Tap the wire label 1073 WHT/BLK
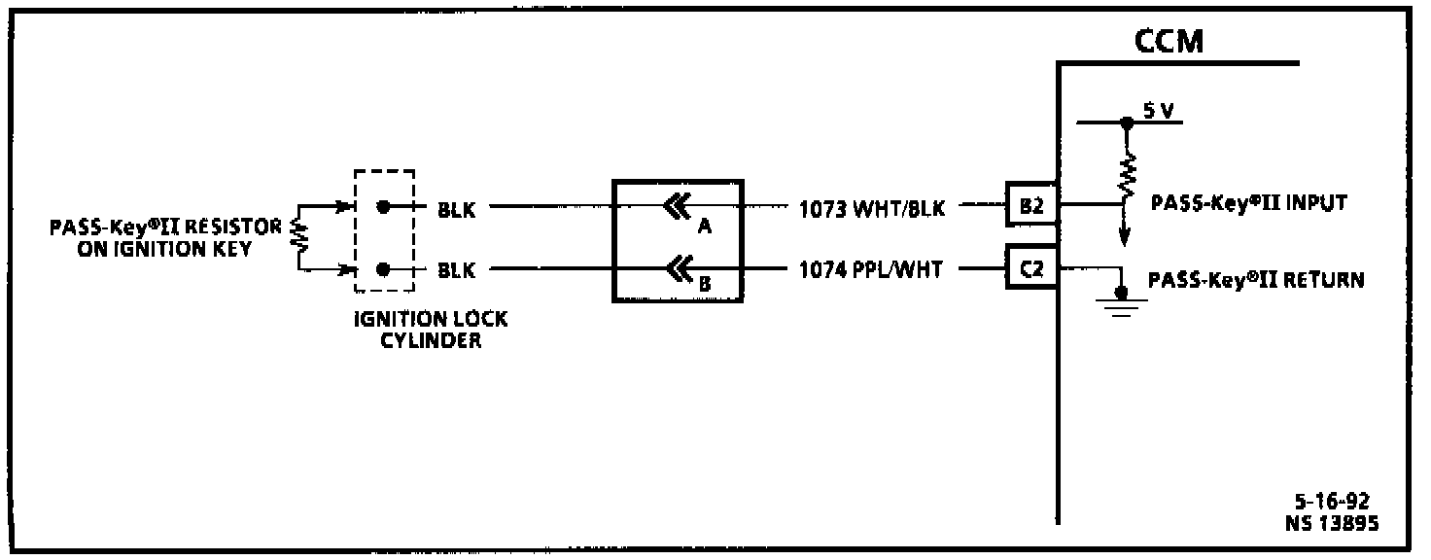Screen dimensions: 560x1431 tap(872, 207)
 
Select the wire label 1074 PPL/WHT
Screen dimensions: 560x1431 tap(870, 270)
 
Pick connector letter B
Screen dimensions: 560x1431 tap(706, 285)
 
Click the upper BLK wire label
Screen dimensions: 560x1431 tap(457, 208)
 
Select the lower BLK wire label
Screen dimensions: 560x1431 tap(457, 270)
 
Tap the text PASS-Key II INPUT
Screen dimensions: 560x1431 tap(1247, 204)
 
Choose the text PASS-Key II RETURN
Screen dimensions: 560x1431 tap(1256, 280)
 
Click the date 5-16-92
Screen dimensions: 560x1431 tap(1331, 502)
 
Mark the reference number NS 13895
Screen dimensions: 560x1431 tap(1330, 523)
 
